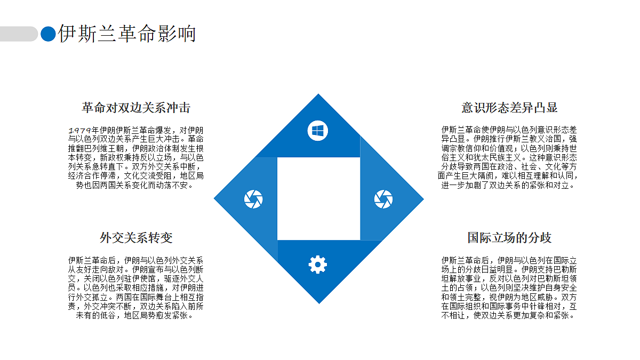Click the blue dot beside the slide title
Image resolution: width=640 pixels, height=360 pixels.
pos(48,34)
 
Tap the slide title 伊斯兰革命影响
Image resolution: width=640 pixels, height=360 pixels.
pos(127,34)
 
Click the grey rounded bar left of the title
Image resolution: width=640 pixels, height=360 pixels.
pos(19,34)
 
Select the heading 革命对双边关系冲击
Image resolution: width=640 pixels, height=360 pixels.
pos(136,108)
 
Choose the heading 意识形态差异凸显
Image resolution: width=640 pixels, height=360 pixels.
pos(509,108)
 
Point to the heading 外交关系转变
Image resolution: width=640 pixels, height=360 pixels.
pos(136,238)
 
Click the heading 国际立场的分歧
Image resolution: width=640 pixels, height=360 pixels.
pos(509,238)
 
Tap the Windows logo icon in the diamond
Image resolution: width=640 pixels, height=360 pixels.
pos(318,131)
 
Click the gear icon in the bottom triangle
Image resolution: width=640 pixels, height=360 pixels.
pos(318,265)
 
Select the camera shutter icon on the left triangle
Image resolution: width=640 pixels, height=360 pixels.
pos(253,199)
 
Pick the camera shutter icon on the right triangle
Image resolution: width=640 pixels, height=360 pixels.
pos(383,199)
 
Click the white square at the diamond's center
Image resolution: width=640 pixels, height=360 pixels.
pos(318,199)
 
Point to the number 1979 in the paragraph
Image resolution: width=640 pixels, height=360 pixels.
pos(79,131)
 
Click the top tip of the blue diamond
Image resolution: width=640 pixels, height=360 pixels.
pos(318,94)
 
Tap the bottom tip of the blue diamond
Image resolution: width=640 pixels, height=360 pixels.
pos(319,303)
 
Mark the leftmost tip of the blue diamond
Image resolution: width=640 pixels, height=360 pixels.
pos(214,198)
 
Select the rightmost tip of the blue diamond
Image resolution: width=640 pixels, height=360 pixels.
pos(424,199)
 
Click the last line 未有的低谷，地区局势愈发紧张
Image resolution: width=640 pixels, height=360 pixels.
pos(134,316)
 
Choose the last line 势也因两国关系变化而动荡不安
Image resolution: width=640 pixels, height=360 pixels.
pos(134,186)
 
